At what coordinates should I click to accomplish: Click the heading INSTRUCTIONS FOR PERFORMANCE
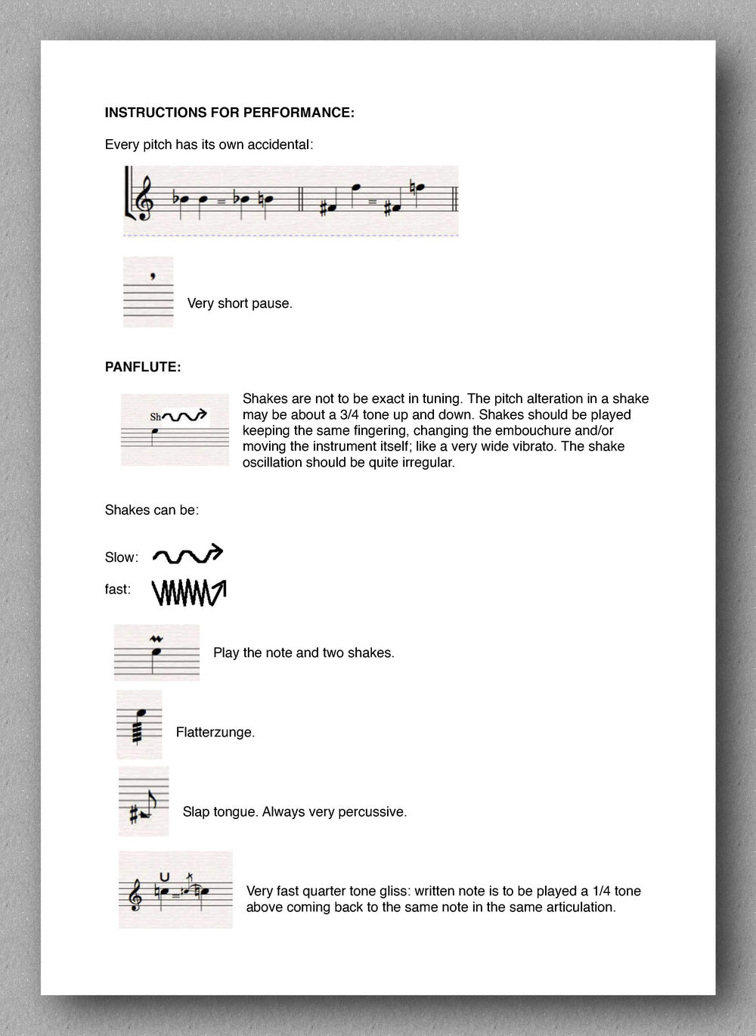click(229, 113)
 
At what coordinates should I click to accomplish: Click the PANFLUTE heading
click(142, 368)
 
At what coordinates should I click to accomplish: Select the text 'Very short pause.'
click(239, 304)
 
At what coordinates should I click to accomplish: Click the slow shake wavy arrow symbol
click(188, 554)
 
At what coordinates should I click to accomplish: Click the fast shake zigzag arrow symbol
click(189, 592)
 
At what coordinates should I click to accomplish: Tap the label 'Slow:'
click(122, 557)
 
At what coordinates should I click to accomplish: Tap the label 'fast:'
click(118, 589)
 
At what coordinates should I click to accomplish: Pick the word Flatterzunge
click(215, 732)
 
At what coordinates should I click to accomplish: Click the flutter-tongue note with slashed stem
click(139, 724)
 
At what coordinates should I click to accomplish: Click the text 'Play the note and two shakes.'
click(303, 653)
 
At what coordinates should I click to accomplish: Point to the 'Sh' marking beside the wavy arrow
click(156, 417)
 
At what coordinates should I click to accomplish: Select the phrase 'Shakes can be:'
click(151, 510)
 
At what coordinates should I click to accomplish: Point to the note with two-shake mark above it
click(156, 652)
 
